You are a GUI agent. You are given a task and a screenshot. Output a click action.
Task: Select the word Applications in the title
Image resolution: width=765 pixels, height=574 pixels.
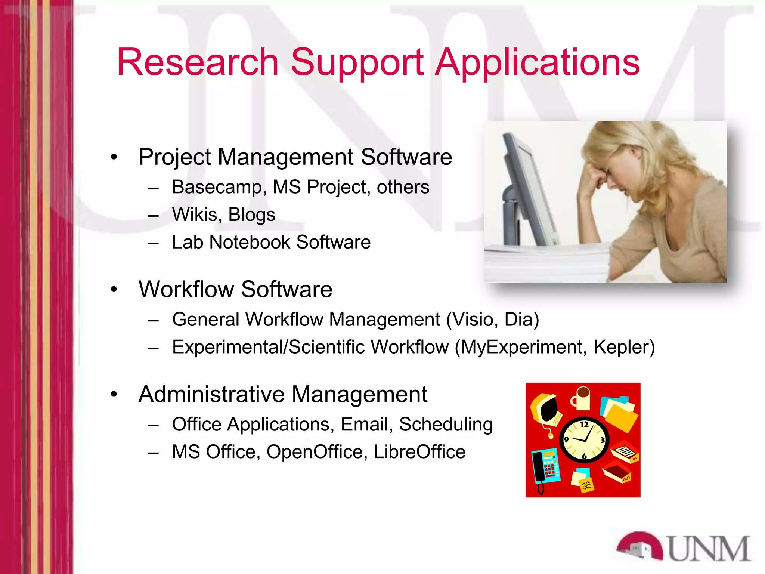tap(538, 63)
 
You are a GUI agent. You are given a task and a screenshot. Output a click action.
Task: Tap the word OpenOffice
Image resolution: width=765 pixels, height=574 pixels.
tap(315, 452)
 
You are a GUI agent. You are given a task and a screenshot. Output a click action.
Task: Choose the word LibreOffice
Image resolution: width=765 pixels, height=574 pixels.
tap(419, 452)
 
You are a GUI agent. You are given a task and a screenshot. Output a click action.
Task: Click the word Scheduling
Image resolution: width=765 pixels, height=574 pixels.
tap(446, 425)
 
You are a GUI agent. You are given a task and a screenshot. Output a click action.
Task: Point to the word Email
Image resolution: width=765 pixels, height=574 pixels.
tap(366, 424)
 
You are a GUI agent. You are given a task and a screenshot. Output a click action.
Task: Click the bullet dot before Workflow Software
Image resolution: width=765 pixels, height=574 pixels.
tap(114, 289)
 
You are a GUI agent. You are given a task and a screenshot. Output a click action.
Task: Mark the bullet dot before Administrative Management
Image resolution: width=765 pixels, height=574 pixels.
tap(114, 394)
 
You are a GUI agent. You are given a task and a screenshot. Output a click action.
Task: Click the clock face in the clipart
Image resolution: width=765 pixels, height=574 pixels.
tap(584, 440)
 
